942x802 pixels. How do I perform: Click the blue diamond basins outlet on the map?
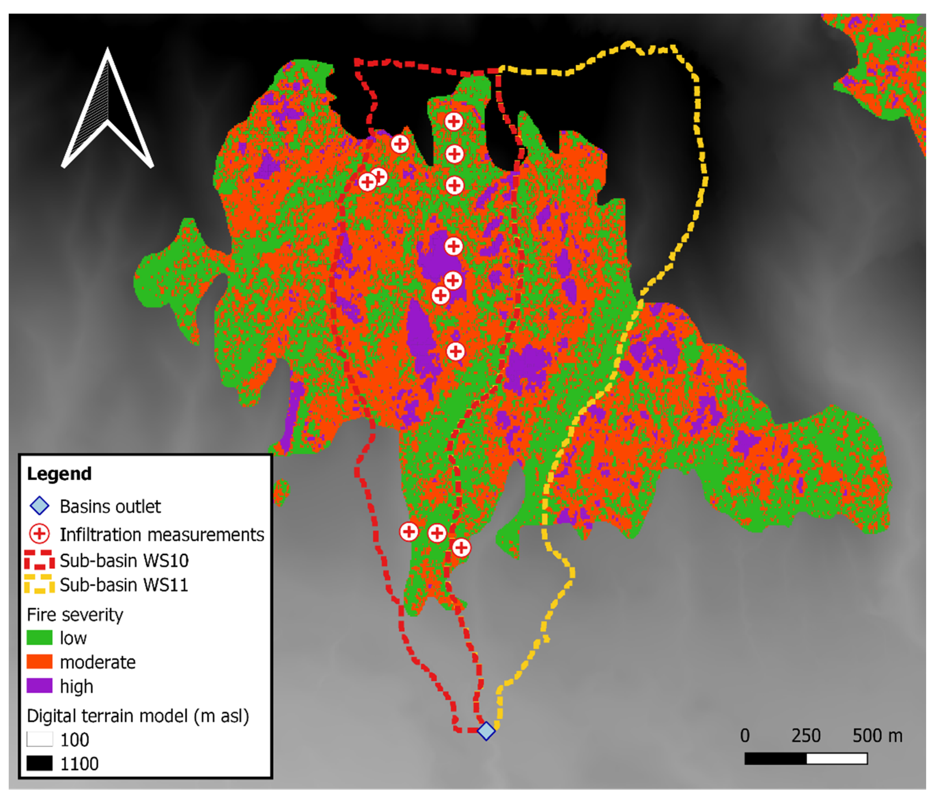[x=486, y=731]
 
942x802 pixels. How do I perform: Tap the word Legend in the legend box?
[x=59, y=474]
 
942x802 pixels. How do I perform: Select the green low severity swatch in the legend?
[x=39, y=638]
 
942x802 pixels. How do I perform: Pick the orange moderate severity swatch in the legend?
[x=39, y=662]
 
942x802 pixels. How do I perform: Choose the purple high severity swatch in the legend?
[x=39, y=686]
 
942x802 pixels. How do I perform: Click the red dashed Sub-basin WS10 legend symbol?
[x=39, y=560]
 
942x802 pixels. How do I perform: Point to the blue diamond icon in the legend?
[x=39, y=506]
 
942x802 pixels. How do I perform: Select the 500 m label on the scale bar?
[x=877, y=736]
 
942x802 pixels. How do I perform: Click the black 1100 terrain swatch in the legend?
[x=39, y=763]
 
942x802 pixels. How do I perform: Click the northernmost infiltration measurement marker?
[x=453, y=121]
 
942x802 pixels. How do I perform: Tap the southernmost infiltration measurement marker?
[x=461, y=548]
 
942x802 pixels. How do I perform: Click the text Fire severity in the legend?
[x=75, y=615]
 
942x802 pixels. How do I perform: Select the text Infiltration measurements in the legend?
[x=162, y=534]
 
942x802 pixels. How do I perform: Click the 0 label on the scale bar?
[x=745, y=736]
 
